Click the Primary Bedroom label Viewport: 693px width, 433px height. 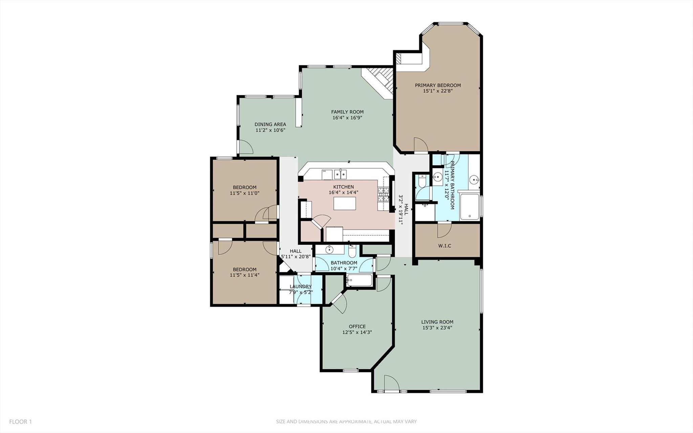click(438, 85)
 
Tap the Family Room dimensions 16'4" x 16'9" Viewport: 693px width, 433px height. click(347, 118)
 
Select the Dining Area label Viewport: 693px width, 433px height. click(270, 124)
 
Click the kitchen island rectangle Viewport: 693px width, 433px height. click(345, 204)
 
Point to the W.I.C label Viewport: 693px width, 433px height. click(445, 246)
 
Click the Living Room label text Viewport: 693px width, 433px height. click(437, 322)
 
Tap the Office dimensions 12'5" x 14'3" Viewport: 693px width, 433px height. click(357, 332)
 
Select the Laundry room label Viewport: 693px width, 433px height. click(301, 287)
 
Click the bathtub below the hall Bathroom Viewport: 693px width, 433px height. click(360, 281)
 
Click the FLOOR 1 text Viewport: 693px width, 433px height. click(20, 422)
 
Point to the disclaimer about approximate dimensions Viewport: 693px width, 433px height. click(346, 422)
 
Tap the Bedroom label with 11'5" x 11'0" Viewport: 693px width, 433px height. click(244, 187)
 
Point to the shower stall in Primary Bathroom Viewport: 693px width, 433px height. click(470, 207)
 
